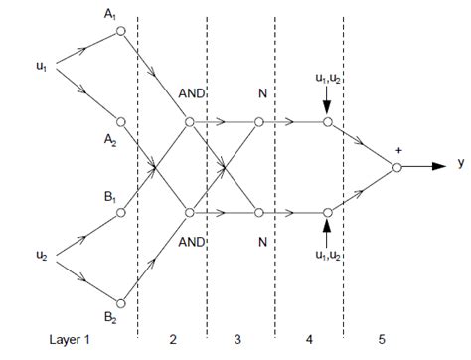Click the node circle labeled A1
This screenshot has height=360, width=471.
pyautogui.click(x=120, y=32)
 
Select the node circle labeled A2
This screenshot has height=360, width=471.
pyautogui.click(x=120, y=122)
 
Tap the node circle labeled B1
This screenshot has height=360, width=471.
pyautogui.click(x=120, y=212)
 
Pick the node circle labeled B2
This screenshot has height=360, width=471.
pyautogui.click(x=120, y=302)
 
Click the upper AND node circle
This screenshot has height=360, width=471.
pyautogui.click(x=189, y=123)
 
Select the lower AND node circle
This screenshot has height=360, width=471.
pyautogui.click(x=189, y=211)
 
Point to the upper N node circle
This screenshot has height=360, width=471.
pyautogui.click(x=258, y=123)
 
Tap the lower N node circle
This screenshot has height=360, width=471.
pyautogui.click(x=258, y=211)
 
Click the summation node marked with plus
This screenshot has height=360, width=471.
pyautogui.click(x=396, y=167)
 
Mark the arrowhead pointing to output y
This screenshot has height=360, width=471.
pyautogui.click(x=438, y=167)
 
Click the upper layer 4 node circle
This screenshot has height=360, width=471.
pyautogui.click(x=327, y=123)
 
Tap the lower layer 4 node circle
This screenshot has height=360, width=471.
pyautogui.click(x=327, y=211)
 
